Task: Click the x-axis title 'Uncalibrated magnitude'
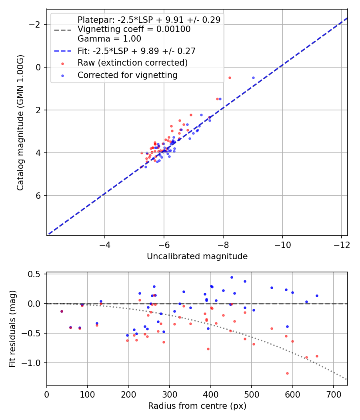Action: pos(197,256)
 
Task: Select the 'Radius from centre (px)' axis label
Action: pos(197,406)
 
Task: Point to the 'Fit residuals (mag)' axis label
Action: pos(12,329)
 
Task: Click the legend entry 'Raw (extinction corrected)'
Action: pos(132,63)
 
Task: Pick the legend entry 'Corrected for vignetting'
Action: pos(127,75)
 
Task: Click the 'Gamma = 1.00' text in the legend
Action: pos(109,39)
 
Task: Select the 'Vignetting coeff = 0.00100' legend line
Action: pos(134,29)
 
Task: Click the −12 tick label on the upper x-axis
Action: pos(341,244)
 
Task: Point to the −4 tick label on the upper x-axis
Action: pos(105,244)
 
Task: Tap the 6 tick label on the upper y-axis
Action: pos(38,196)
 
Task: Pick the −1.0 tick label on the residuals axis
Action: pos(33,363)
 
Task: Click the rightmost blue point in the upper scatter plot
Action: pos(253,78)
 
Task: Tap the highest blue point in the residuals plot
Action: pos(232,277)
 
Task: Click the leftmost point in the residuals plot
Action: pos(62,311)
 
